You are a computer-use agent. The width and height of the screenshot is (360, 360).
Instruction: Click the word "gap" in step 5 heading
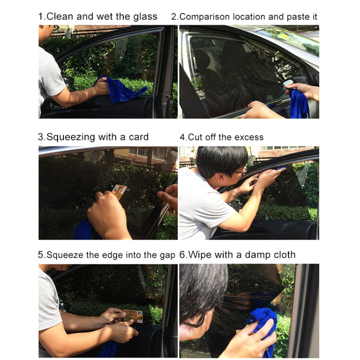[166, 255]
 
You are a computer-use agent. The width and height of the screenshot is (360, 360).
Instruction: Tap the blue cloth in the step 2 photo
[298, 105]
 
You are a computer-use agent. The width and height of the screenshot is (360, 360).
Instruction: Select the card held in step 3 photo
[120, 192]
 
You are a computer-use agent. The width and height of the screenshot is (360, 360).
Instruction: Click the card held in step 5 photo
[133, 316]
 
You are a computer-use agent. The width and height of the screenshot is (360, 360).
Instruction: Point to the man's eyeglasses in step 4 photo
[240, 170]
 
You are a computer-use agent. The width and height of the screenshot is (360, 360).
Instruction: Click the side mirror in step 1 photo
[69, 83]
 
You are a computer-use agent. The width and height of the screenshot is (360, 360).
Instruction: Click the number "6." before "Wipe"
[183, 255]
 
